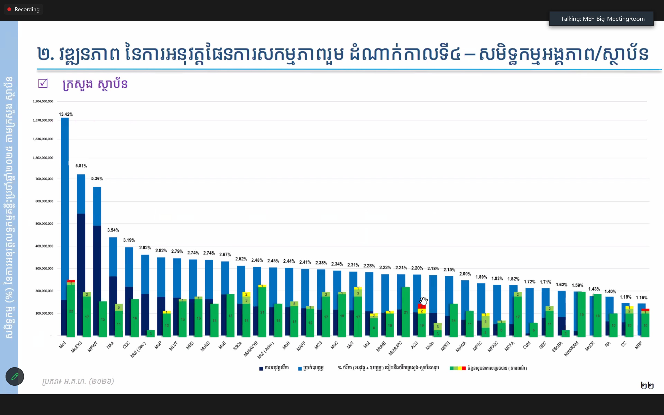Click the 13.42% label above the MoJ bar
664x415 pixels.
[x=66, y=114]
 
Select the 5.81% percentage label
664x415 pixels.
[x=81, y=166]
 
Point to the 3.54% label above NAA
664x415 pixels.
[x=113, y=230]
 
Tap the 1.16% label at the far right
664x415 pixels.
[x=641, y=298]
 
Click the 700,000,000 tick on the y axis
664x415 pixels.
[x=44, y=179]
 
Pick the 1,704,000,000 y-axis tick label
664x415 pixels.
[x=43, y=101]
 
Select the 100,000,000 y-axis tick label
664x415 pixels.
[x=44, y=313]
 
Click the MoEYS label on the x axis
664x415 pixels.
[x=77, y=347]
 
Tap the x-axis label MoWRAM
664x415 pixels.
[x=571, y=349]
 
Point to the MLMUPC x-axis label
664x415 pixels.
[x=395, y=348]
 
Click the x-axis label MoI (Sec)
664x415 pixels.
[x=138, y=350]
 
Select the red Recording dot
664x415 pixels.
[x=9, y=9]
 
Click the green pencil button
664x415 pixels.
[x=15, y=376]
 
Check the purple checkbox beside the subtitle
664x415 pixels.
[x=43, y=84]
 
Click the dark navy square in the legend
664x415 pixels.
[x=261, y=368]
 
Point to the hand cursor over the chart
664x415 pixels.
[x=424, y=301]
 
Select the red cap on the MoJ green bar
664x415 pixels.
[x=71, y=281]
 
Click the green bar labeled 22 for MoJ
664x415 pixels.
[x=71, y=311]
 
